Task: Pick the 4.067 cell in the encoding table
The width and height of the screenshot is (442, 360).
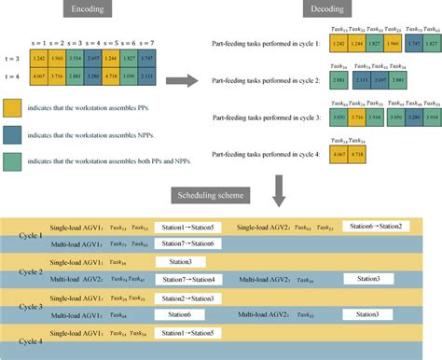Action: pos(41,75)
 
